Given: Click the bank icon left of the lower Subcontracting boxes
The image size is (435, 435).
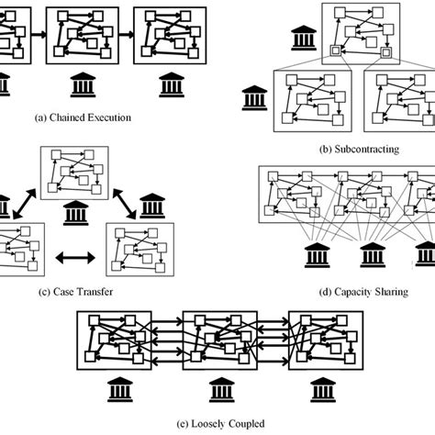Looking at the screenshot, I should point(253,95).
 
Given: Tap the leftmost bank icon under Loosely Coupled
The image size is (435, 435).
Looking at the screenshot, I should point(99,395).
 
